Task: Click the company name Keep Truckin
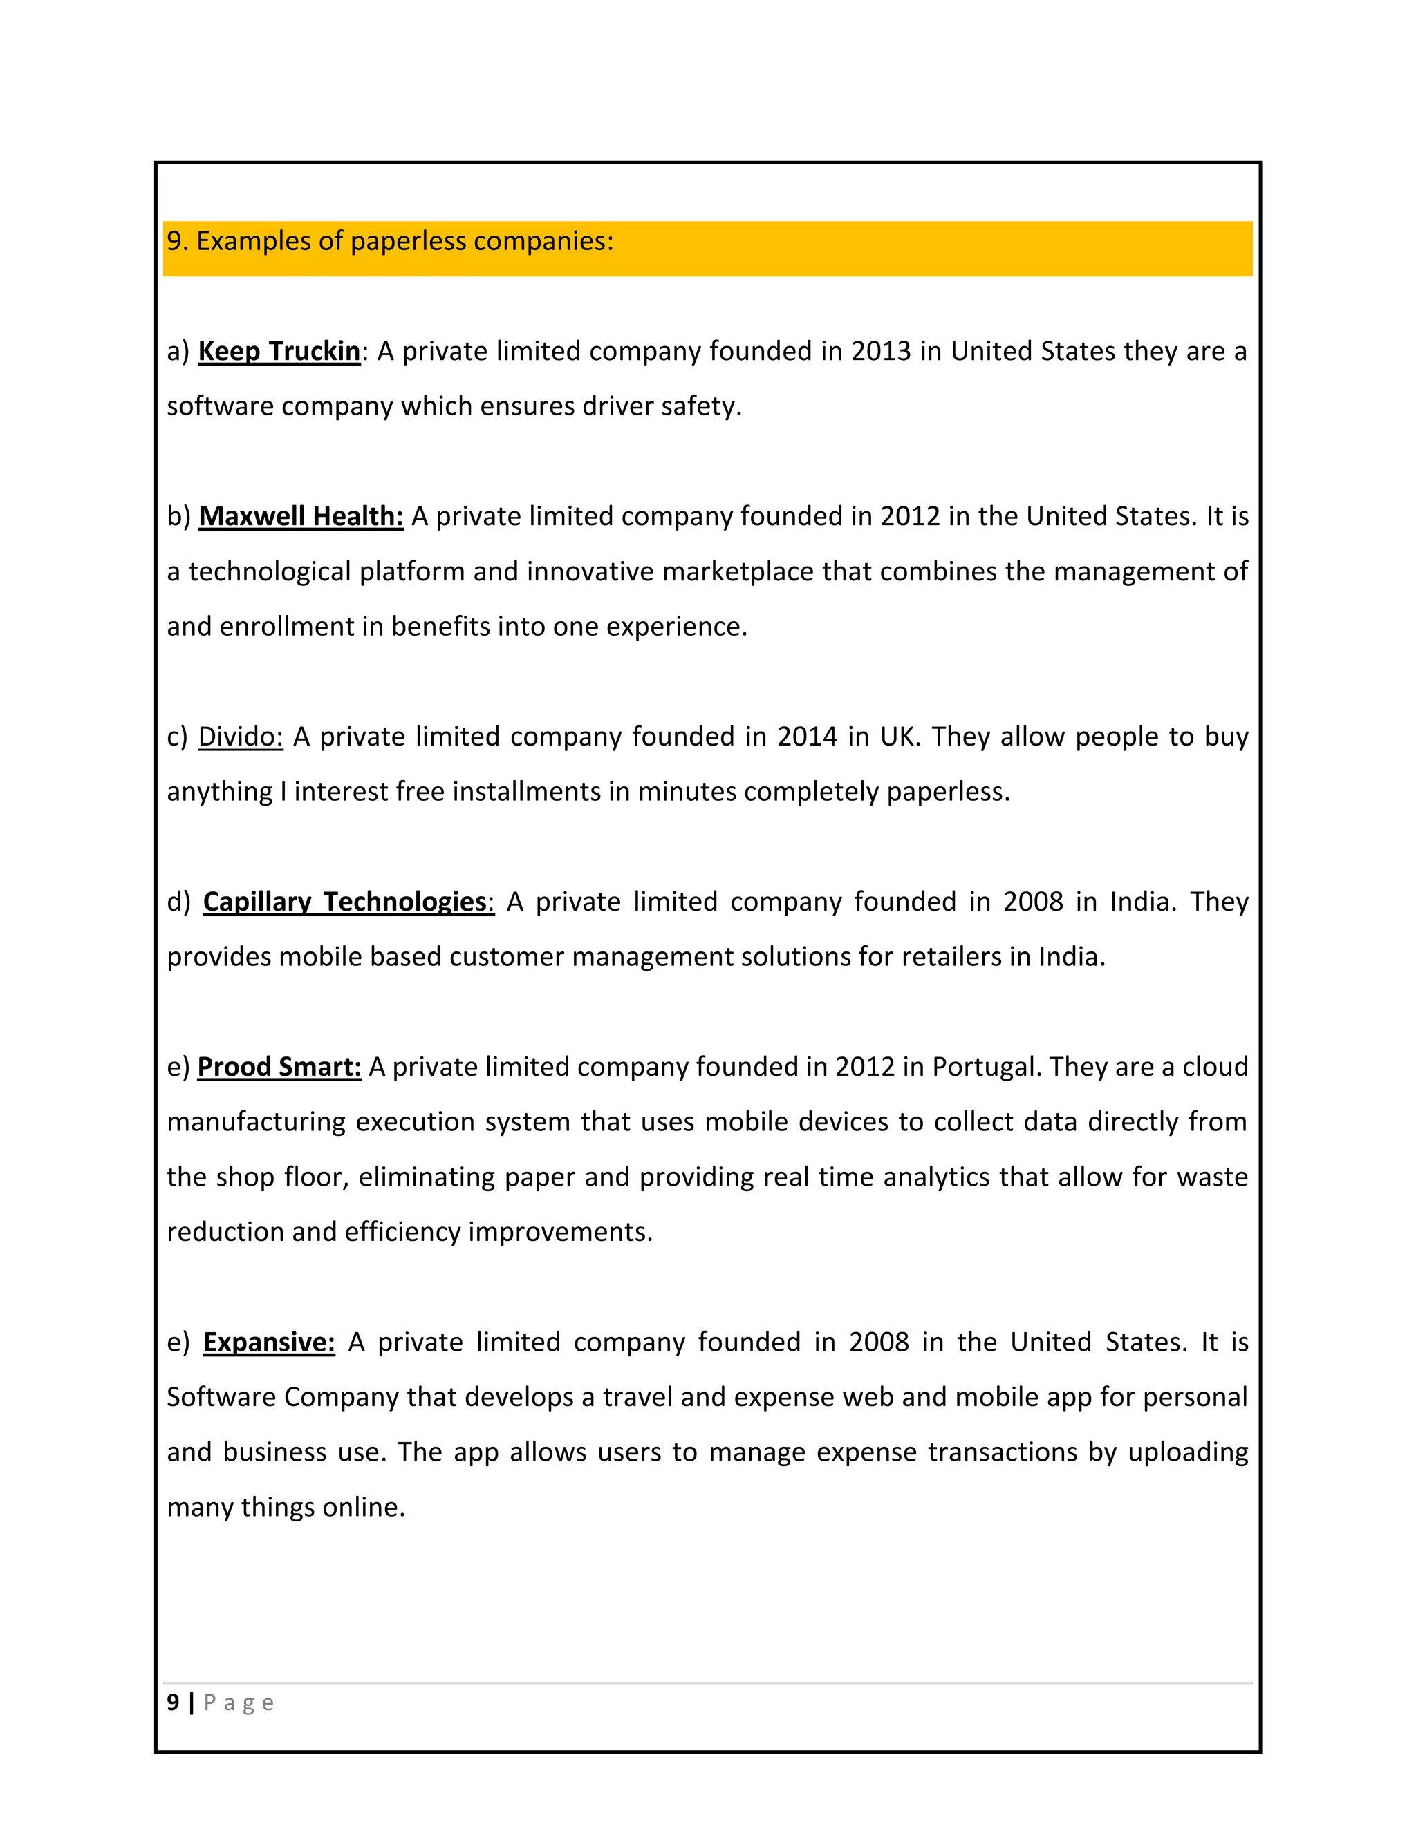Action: [x=279, y=350]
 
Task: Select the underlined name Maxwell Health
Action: [x=301, y=515]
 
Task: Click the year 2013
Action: [x=881, y=350]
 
